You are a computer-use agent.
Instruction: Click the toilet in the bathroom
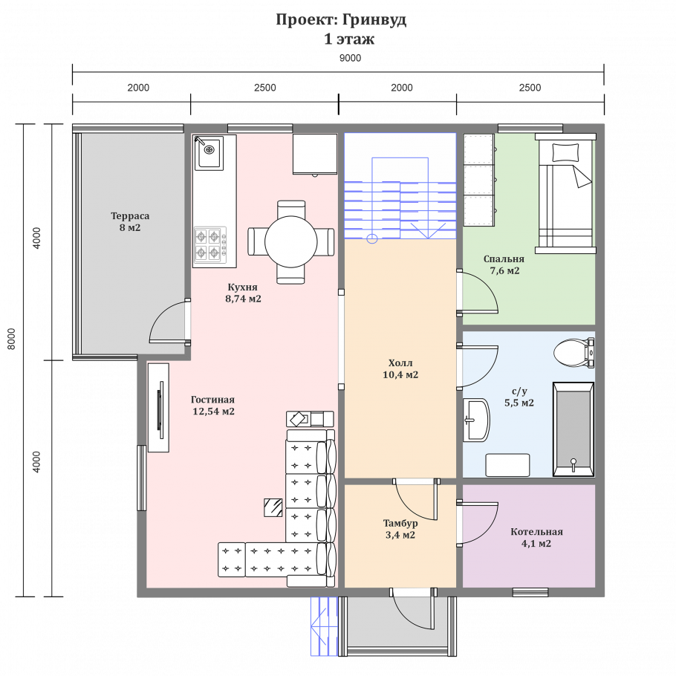[573, 353]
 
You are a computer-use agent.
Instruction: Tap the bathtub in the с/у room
[573, 429]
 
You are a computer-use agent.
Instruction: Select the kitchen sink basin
[209, 152]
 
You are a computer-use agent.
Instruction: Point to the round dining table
[291, 242]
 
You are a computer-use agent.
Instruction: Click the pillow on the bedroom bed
[565, 152]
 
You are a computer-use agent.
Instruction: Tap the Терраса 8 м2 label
[130, 221]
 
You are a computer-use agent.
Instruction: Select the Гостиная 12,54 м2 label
[213, 406]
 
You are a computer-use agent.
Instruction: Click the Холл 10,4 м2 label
[400, 368]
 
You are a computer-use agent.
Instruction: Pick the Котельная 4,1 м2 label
[536, 537]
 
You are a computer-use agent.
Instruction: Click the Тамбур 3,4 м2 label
[400, 529]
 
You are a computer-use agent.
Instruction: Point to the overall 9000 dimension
[350, 58]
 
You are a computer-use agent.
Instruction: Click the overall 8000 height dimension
[12, 339]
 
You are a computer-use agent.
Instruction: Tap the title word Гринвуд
[374, 20]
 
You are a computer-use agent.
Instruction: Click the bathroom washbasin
[476, 420]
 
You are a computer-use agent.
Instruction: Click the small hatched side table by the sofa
[273, 507]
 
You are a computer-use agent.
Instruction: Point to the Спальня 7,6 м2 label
[504, 264]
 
